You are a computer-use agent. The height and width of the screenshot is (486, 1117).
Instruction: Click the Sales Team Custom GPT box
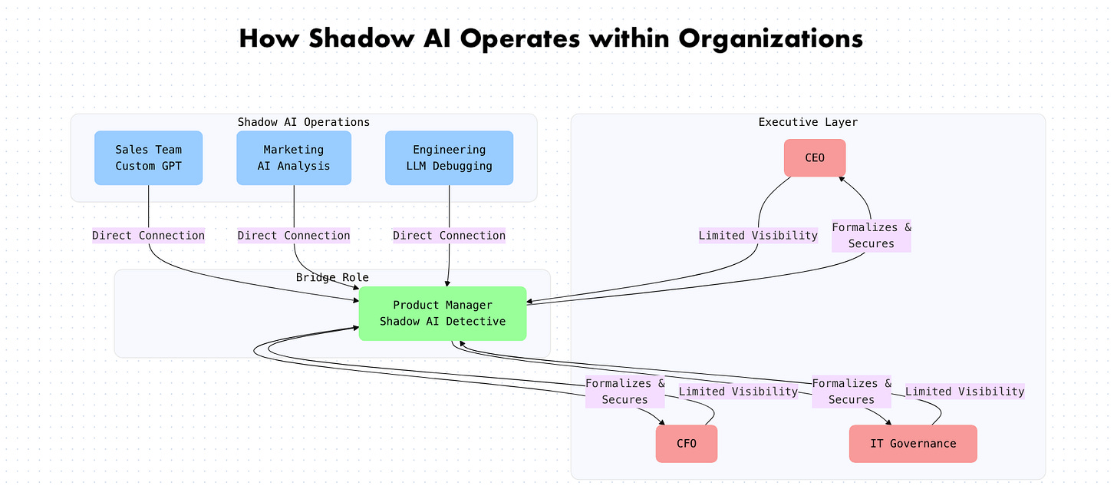point(148,157)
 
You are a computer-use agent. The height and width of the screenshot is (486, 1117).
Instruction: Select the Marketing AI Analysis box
point(293,157)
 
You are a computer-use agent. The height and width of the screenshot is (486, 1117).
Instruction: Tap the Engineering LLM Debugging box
point(449,157)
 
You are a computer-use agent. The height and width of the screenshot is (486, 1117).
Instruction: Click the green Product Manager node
point(443,313)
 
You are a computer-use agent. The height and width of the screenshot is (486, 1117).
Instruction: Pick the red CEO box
point(815,157)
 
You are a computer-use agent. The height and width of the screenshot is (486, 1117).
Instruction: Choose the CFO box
point(686,444)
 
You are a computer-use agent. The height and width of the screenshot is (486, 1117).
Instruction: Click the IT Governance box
point(913,444)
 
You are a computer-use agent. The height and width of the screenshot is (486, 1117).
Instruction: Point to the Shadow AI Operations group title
point(303,122)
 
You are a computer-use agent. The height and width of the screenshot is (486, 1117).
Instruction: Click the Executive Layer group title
point(808,122)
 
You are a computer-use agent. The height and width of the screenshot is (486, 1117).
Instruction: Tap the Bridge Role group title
point(332,277)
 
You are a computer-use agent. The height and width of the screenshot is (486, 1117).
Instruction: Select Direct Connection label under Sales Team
point(148,236)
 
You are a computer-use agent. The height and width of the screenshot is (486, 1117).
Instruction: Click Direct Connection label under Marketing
point(293,236)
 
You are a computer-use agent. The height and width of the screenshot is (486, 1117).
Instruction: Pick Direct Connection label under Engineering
point(449,236)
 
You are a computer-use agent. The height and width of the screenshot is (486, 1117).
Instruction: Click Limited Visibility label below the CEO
point(758,236)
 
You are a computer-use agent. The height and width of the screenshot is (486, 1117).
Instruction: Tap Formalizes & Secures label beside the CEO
point(871,236)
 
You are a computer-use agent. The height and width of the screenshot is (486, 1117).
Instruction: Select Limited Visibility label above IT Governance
point(964,392)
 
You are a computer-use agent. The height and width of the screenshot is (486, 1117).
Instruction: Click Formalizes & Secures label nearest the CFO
point(624,392)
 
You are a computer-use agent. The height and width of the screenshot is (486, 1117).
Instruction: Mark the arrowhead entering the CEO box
point(841,178)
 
